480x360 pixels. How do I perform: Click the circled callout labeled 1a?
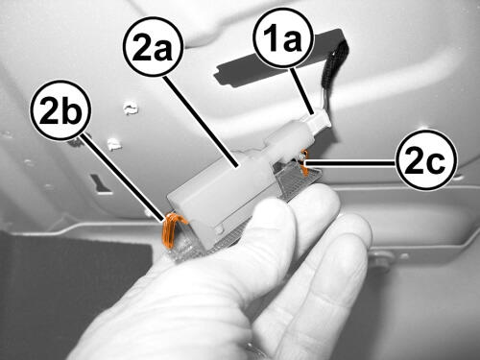282,37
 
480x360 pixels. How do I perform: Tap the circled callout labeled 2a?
154,47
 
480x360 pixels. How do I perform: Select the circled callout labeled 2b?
60,110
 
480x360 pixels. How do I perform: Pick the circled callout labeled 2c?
426,159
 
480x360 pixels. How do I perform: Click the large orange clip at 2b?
171,229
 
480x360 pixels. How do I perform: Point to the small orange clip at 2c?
304,163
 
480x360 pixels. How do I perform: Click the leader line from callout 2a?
200,121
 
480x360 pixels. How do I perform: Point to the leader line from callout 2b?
123,178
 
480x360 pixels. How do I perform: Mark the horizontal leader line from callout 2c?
350,163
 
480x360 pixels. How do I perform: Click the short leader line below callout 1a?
302,90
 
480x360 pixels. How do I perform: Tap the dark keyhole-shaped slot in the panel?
100,184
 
